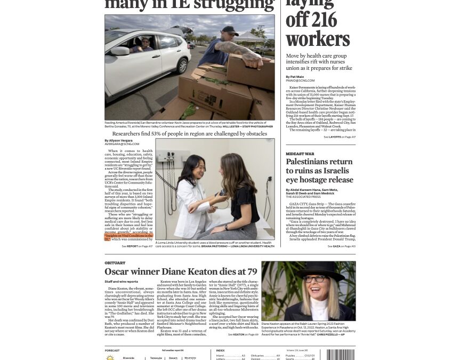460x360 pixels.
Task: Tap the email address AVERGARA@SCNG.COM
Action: click(x=122, y=144)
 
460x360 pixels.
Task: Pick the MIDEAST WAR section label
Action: click(x=300, y=154)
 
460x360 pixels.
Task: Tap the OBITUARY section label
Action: click(x=115, y=263)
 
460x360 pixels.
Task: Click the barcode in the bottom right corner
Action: click(x=340, y=354)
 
